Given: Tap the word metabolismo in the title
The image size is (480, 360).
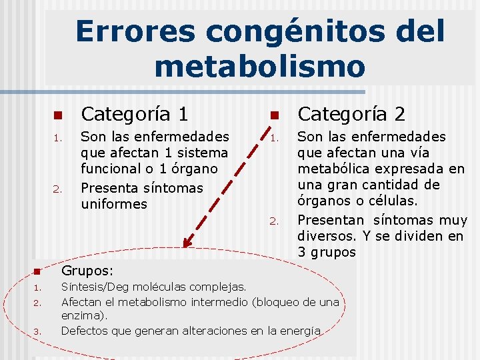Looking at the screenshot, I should click(259, 67).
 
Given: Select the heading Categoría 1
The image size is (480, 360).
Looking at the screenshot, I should click(134, 114).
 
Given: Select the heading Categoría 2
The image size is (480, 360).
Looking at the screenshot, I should click(351, 114).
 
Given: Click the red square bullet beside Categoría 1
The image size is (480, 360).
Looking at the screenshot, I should click(57, 115).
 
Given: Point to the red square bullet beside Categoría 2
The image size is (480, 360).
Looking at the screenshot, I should click(274, 115).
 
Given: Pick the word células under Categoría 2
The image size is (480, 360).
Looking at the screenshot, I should click(392, 201).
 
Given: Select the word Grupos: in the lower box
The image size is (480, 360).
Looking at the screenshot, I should click(87, 271).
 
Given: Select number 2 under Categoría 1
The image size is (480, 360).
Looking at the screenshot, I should click(57, 189).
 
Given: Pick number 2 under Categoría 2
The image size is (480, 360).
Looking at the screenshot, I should click(274, 221).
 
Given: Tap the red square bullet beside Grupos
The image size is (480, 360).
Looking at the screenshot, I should click(37, 272).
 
